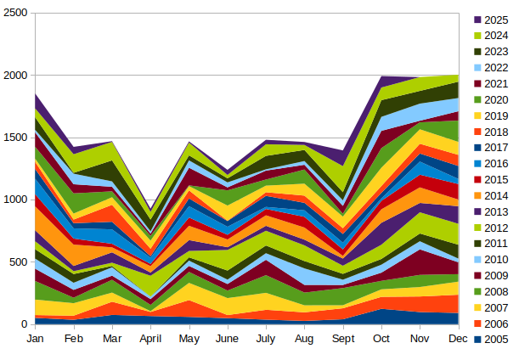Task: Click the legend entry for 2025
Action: pyautogui.click(x=489, y=20)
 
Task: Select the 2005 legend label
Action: pyautogui.click(x=496, y=340)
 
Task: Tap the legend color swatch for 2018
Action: pyautogui.click(x=477, y=132)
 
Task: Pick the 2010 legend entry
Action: pyautogui.click(x=489, y=260)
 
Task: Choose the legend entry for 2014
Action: pyautogui.click(x=489, y=195)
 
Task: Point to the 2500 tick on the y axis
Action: pyautogui.click(x=15, y=13)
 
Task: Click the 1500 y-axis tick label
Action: pyautogui.click(x=15, y=138)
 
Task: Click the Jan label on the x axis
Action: pyautogui.click(x=36, y=339)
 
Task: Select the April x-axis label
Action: pyautogui.click(x=150, y=339)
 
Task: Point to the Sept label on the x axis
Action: pyautogui.click(x=343, y=339)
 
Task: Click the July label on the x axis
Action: pyautogui.click(x=266, y=339)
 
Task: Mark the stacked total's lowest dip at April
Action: pyautogui.click(x=150, y=211)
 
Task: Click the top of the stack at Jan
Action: pyautogui.click(x=36, y=94)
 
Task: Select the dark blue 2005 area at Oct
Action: pyautogui.click(x=381, y=317)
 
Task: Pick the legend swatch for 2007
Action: pyautogui.click(x=477, y=307)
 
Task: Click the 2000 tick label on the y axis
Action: pyautogui.click(x=15, y=76)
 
